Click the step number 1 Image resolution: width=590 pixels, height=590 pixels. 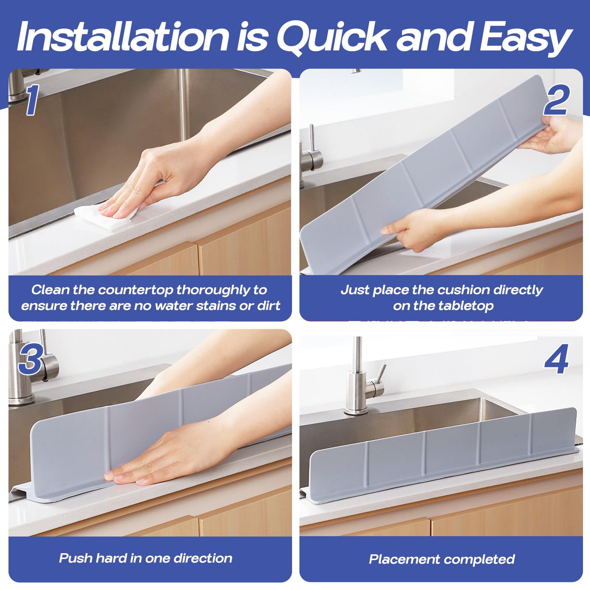pos(32,100)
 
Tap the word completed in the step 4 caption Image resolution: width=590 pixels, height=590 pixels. pos(480,559)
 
